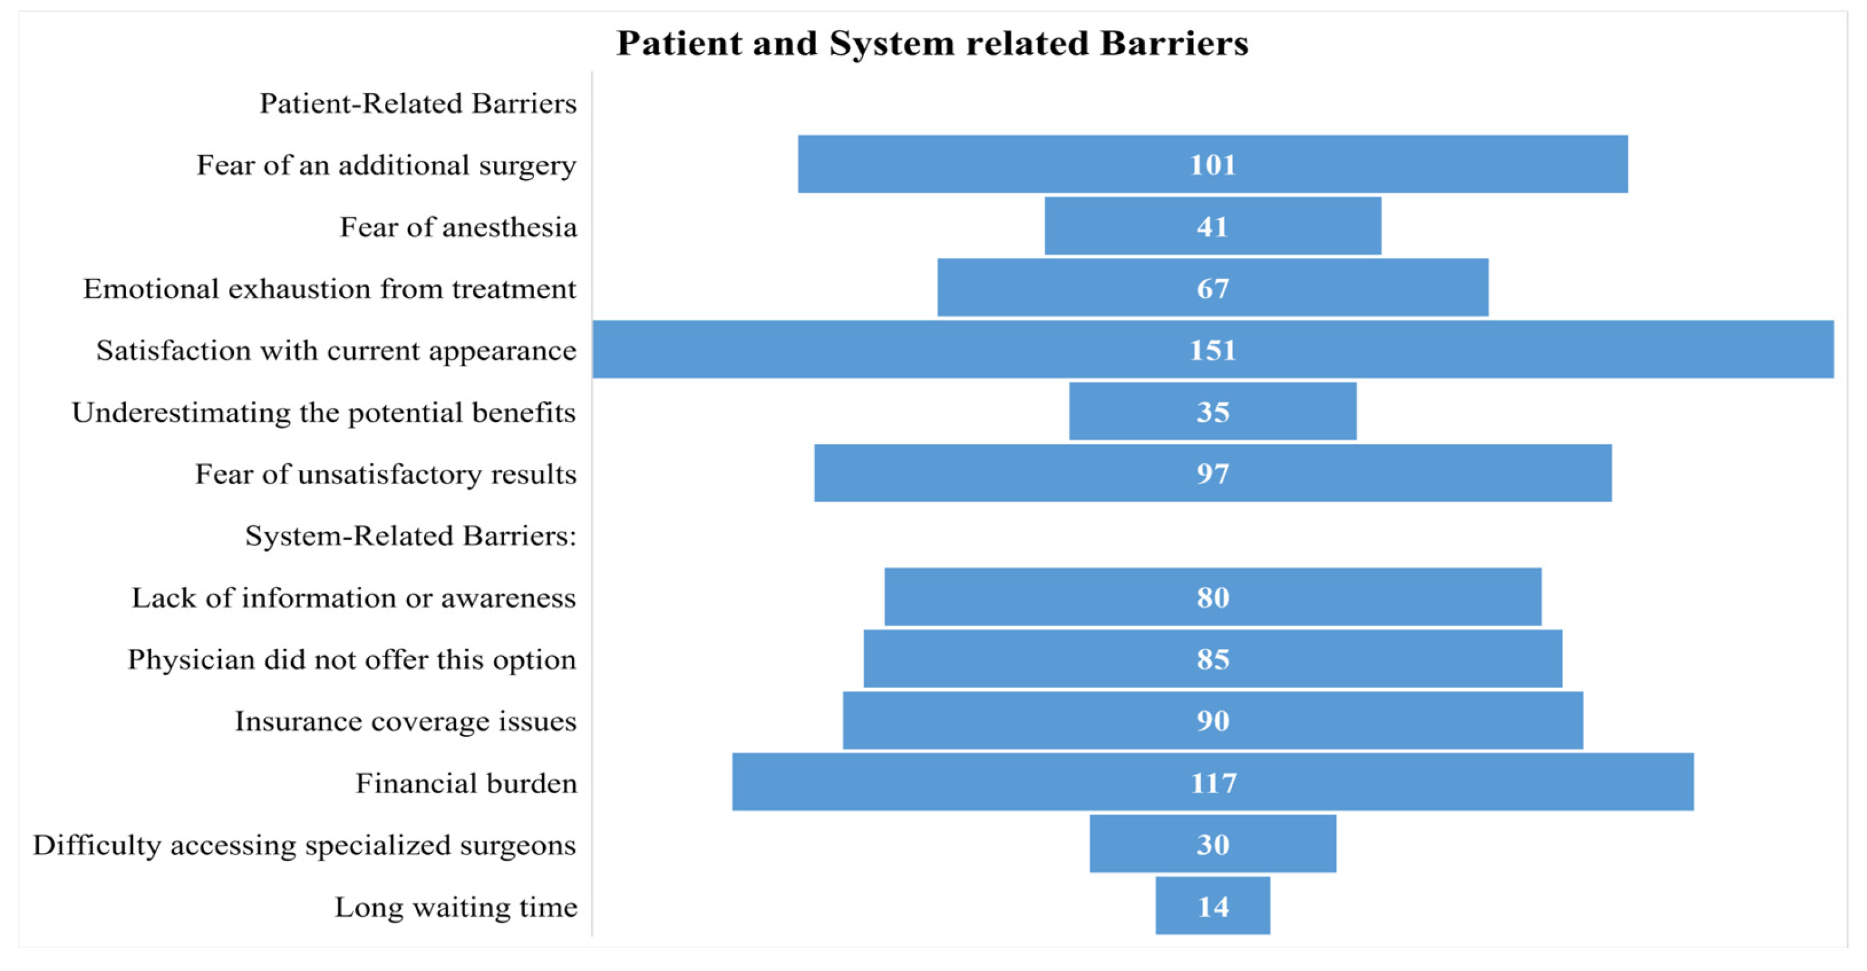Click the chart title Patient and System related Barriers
click(932, 43)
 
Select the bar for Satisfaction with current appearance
click(1213, 349)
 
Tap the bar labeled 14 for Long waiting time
click(1212, 906)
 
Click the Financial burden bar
click(1212, 782)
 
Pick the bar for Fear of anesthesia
click(1212, 226)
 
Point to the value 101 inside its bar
click(1212, 164)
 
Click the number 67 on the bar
click(1212, 289)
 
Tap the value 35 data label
click(1212, 412)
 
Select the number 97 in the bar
click(1212, 473)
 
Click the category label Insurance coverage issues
click(406, 721)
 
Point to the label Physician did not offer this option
click(352, 659)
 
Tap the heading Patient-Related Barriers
click(418, 103)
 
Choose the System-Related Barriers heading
click(411, 536)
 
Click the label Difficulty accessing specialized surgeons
click(304, 845)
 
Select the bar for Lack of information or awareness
click(1212, 597)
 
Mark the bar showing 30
click(1212, 844)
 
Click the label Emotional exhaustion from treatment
click(330, 289)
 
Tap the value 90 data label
click(1212, 720)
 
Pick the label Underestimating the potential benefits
click(324, 412)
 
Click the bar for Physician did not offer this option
click(1212, 659)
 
